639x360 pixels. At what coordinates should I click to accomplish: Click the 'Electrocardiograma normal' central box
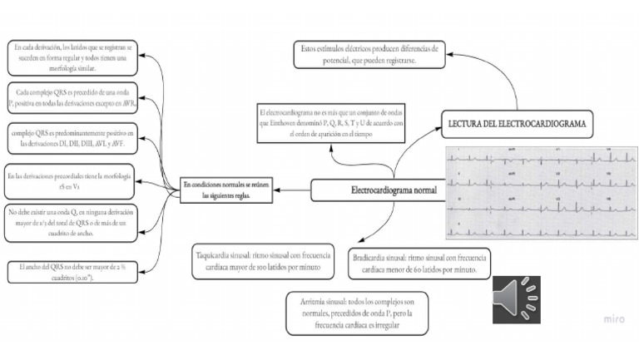pos(377,190)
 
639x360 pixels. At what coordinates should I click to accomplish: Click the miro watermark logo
pos(615,319)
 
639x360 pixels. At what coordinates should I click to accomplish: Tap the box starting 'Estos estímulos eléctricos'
pos(369,55)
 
